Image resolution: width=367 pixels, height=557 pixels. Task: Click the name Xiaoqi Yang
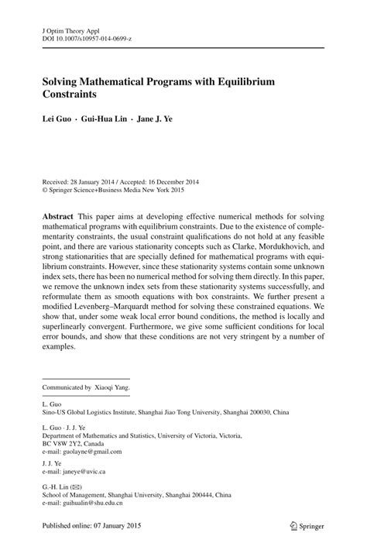[114, 386]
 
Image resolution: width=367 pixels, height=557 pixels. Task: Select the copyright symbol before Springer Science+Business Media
[45, 188]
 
